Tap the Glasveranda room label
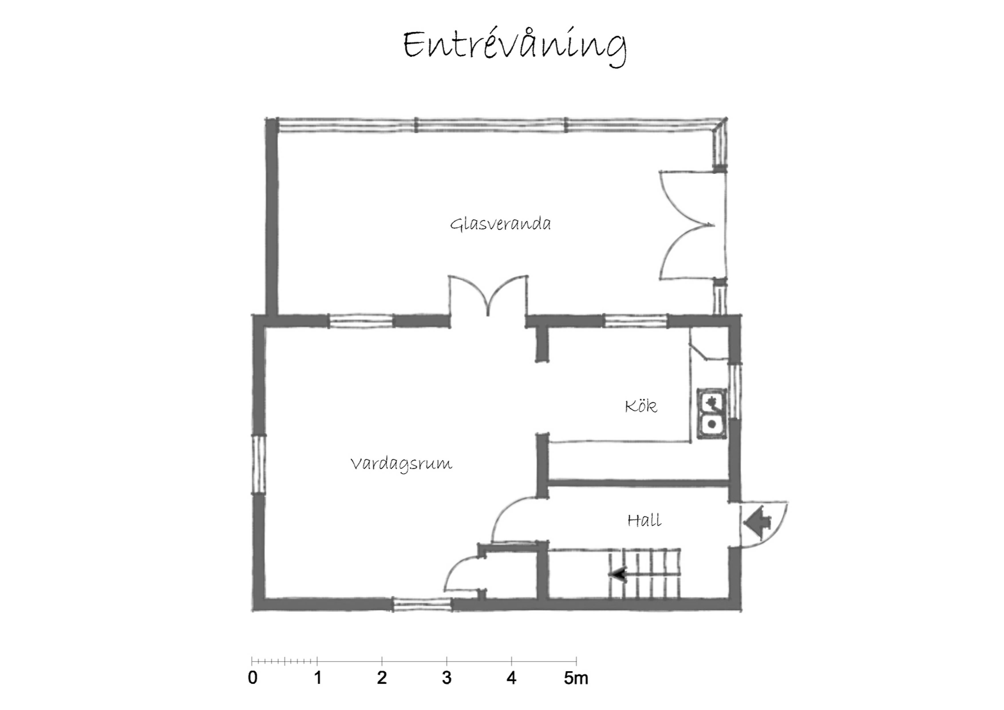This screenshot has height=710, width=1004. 500,224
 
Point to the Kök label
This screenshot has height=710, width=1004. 641,406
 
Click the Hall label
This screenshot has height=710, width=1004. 644,520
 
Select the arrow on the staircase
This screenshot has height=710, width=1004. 618,574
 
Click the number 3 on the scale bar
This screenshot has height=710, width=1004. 446,678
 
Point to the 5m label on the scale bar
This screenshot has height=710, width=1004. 576,678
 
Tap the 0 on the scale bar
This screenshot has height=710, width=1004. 252,678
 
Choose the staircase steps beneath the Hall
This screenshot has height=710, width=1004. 643,573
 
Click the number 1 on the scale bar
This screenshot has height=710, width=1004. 317,678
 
